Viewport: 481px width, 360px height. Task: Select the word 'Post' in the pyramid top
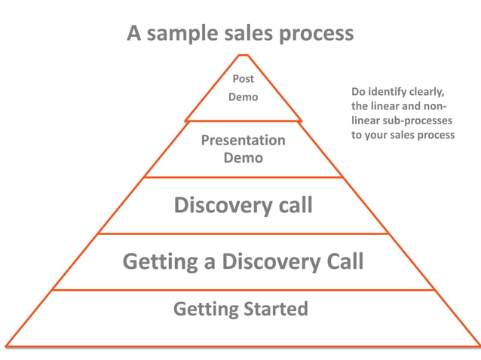[x=243, y=79]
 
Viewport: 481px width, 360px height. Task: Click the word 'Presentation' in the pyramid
[x=243, y=140]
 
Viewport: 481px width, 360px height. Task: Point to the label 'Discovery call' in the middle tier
[x=243, y=205]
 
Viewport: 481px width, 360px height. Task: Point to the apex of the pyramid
[x=243, y=54]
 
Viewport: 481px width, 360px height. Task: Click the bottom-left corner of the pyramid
[x=6, y=346]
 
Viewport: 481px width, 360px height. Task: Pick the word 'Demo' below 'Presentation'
[x=243, y=158]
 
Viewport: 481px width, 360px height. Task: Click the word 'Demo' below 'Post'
[x=243, y=97]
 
